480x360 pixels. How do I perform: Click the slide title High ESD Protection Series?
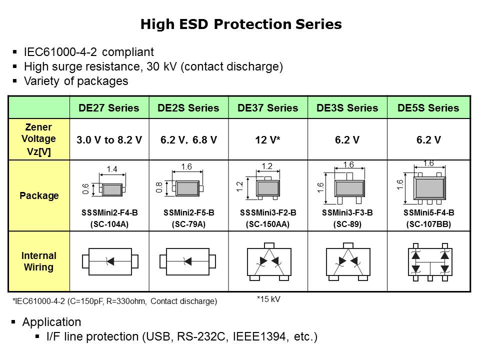(x=241, y=24)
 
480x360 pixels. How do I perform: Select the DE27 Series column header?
(x=109, y=108)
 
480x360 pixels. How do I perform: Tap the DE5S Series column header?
(x=428, y=108)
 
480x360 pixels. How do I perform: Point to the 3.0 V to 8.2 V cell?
(x=109, y=140)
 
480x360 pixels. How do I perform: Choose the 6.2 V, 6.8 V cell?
(x=188, y=140)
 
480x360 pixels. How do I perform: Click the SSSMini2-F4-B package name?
(x=109, y=212)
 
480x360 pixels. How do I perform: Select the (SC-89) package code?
(x=347, y=224)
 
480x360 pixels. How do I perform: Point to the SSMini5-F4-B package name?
(x=428, y=212)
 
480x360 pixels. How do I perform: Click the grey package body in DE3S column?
(x=349, y=188)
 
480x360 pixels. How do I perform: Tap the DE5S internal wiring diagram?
(x=429, y=261)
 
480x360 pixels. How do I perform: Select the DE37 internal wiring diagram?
(x=268, y=260)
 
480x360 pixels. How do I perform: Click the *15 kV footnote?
(x=268, y=299)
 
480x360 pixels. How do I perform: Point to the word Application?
(x=52, y=321)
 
